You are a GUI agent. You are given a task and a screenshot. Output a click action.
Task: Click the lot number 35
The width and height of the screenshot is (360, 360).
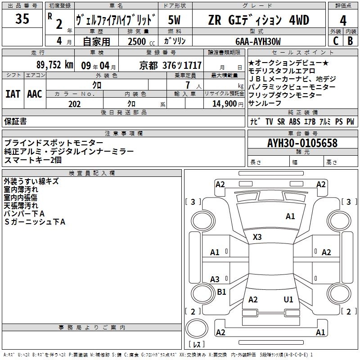click(x=22, y=19)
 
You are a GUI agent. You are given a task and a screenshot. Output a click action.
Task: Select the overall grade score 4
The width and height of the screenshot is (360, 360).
click(x=343, y=20)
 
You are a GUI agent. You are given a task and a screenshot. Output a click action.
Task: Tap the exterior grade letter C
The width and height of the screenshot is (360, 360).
click(x=335, y=41)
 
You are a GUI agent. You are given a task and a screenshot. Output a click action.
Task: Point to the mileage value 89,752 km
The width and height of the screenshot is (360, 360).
click(x=55, y=65)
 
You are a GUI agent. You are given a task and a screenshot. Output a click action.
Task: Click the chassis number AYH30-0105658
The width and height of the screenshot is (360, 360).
click(x=302, y=144)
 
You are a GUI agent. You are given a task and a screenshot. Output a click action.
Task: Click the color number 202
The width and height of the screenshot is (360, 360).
click(x=74, y=104)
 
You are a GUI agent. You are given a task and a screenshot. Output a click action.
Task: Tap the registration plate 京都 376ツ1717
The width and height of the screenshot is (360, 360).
click(x=171, y=65)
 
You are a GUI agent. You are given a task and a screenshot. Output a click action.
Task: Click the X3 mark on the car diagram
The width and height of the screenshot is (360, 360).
click(x=257, y=237)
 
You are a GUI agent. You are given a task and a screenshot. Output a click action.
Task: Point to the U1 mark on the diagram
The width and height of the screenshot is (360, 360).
click(x=288, y=299)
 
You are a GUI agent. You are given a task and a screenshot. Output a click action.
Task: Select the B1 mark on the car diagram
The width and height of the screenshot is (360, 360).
click(x=221, y=292)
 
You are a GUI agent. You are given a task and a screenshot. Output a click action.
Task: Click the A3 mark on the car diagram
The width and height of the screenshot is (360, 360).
click(x=215, y=279)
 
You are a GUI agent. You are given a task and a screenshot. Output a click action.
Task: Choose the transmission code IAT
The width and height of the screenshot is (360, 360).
click(x=13, y=94)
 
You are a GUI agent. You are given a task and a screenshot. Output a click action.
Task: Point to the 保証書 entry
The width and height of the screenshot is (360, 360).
click(x=15, y=121)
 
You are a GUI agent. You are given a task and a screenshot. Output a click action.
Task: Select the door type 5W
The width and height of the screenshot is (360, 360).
click(x=175, y=20)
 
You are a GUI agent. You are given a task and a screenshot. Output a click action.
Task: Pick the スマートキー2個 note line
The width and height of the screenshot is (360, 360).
click(x=33, y=160)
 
